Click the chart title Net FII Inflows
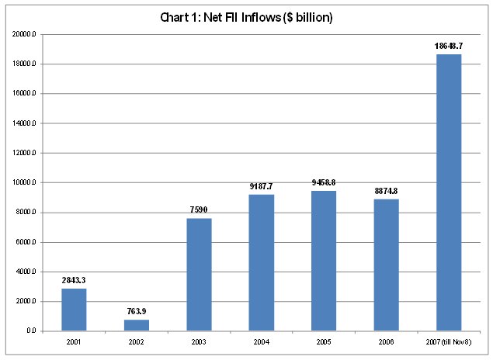point(246,17)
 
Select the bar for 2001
point(74,310)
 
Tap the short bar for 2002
point(136,325)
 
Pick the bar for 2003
point(199,275)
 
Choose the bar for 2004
point(261,262)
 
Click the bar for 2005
point(324,261)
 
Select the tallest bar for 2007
point(449,192)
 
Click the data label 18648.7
point(449,47)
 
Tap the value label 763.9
point(136,311)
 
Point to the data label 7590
point(199,210)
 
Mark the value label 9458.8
point(324,183)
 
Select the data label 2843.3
point(74,280)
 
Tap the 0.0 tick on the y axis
point(30,331)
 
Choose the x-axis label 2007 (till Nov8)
point(449,341)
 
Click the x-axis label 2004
point(261,341)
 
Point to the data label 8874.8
point(386,191)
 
